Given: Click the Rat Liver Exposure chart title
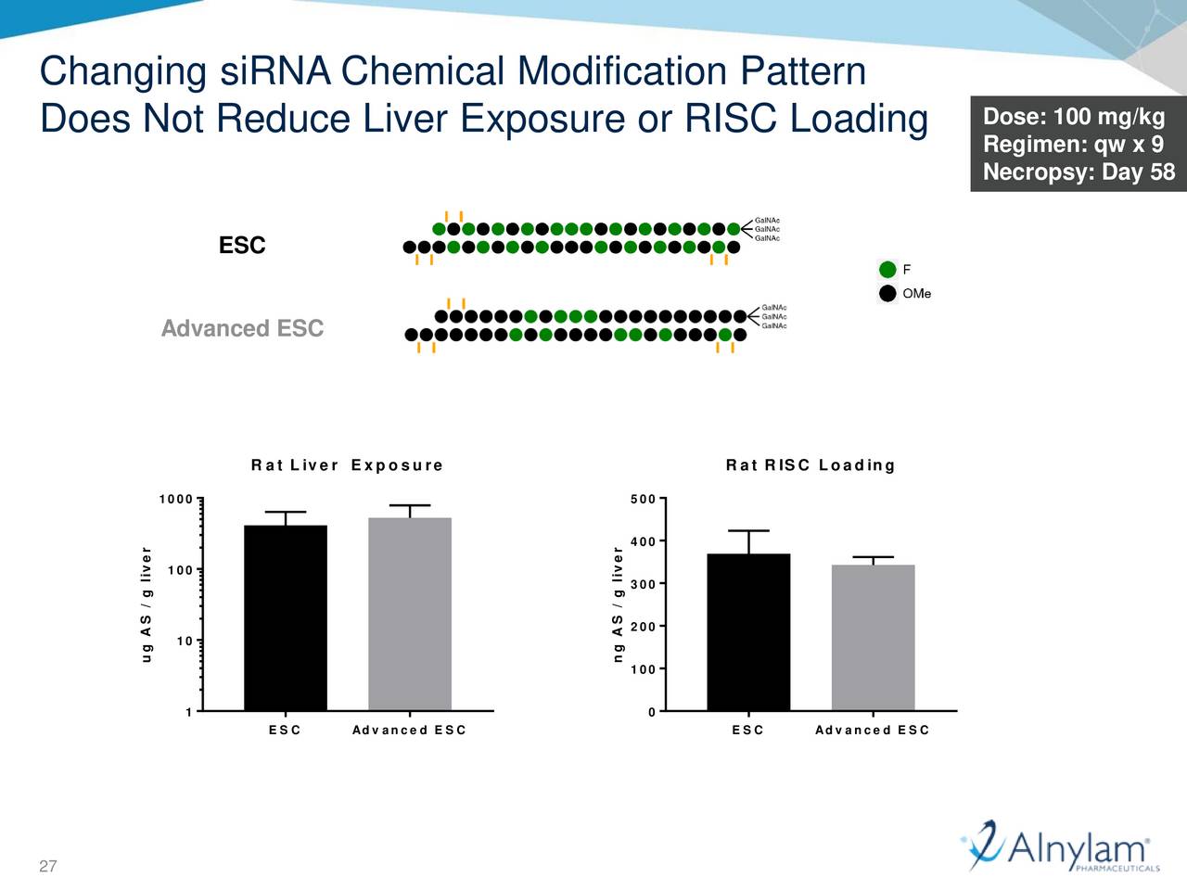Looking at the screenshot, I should coord(347,465).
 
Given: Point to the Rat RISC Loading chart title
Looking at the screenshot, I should coord(810,465).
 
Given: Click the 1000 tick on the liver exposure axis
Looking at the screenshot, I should coord(176,500).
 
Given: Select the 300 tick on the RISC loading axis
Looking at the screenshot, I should coord(643,584).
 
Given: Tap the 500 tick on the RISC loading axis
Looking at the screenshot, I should coord(643,500).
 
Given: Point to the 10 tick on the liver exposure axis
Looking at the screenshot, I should coord(185,642).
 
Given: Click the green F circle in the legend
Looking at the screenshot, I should coord(887,270).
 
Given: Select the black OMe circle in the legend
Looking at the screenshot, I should coord(887,294).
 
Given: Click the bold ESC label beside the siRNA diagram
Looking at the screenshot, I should coord(242,246).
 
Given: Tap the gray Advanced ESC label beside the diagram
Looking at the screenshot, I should coord(242,329).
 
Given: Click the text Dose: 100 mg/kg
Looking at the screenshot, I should coord(1073,117).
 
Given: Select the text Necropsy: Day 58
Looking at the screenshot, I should coord(1078,172).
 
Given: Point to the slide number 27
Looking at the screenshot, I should coord(48,867).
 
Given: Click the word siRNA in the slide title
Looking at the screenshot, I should coord(274,71).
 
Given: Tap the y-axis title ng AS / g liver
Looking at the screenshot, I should coord(618,604).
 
